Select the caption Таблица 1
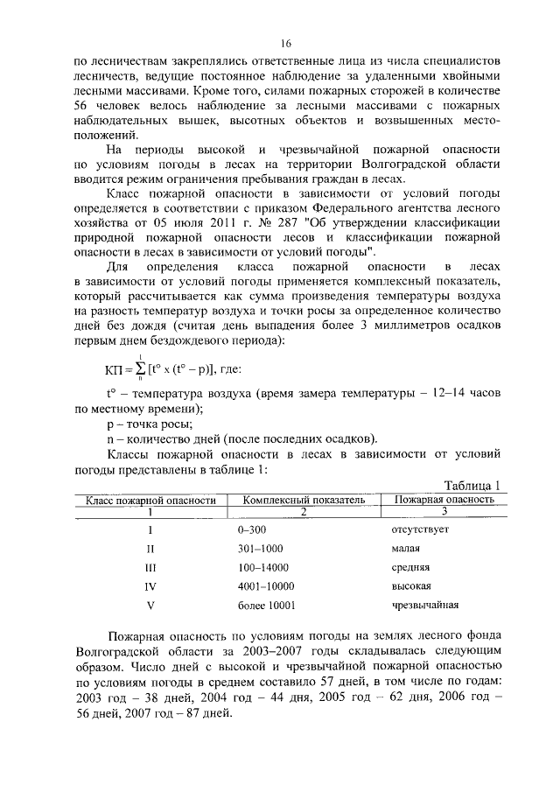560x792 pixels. pyautogui.click(x=471, y=486)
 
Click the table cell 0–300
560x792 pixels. pyautogui.click(x=251, y=531)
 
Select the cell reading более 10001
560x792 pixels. pyautogui.click(x=266, y=605)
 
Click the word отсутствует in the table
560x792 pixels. pyautogui.click(x=419, y=531)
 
